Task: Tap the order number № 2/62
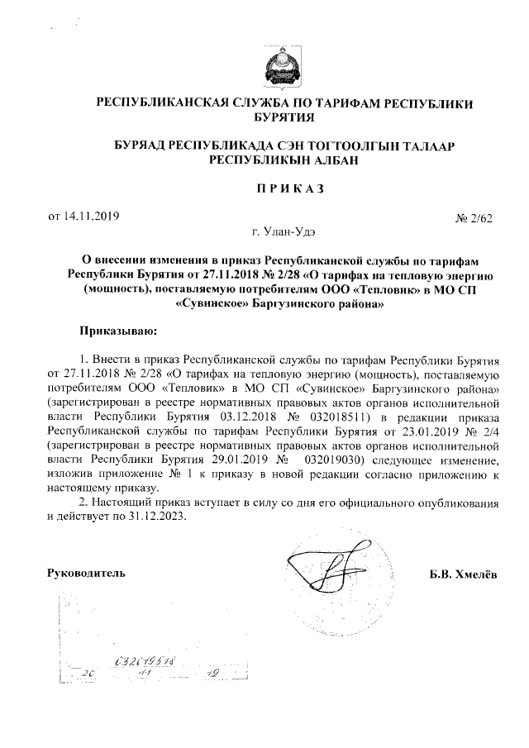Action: click(474, 219)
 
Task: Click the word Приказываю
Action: click(117, 331)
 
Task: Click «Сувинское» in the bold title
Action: click(212, 303)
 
